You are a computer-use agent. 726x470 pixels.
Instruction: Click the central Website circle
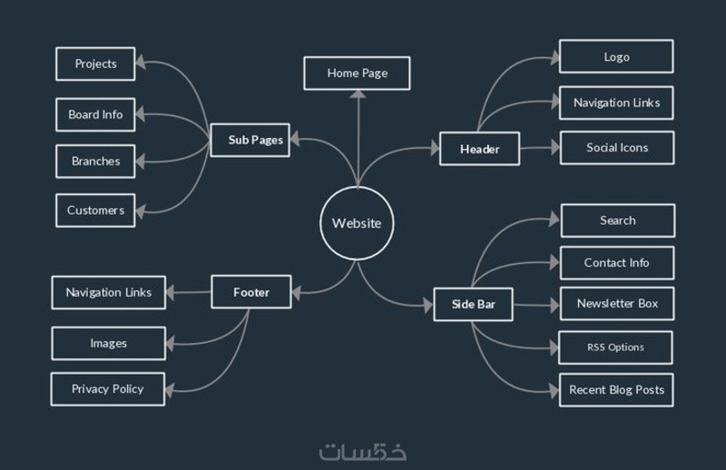pyautogui.click(x=357, y=223)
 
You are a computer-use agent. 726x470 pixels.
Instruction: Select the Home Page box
pyautogui.click(x=357, y=73)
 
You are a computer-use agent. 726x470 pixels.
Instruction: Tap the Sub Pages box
pyautogui.click(x=250, y=140)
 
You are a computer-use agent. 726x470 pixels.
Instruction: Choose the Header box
pyautogui.click(x=480, y=149)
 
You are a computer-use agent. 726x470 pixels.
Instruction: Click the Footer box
pyautogui.click(x=250, y=293)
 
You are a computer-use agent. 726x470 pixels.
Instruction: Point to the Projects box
pyautogui.click(x=95, y=64)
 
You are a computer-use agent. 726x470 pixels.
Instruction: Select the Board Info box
pyautogui.click(x=95, y=114)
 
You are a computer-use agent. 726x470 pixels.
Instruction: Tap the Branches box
pyautogui.click(x=95, y=162)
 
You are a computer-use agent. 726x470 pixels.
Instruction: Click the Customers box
pyautogui.click(x=95, y=211)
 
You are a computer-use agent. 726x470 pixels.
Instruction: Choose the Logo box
pyautogui.click(x=616, y=57)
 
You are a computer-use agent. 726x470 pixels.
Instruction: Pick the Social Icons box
pyautogui.click(x=617, y=148)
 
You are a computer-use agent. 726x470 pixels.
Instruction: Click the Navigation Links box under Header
pyautogui.click(x=616, y=103)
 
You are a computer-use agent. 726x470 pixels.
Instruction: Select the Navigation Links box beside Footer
pyautogui.click(x=108, y=292)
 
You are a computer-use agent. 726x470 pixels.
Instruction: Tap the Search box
pyautogui.click(x=617, y=220)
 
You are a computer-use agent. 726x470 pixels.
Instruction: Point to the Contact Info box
pyautogui.click(x=616, y=262)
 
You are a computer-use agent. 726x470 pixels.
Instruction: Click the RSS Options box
pyautogui.click(x=615, y=348)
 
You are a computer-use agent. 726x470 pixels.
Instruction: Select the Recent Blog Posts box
pyautogui.click(x=616, y=390)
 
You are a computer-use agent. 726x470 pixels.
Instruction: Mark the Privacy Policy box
pyautogui.click(x=108, y=389)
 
